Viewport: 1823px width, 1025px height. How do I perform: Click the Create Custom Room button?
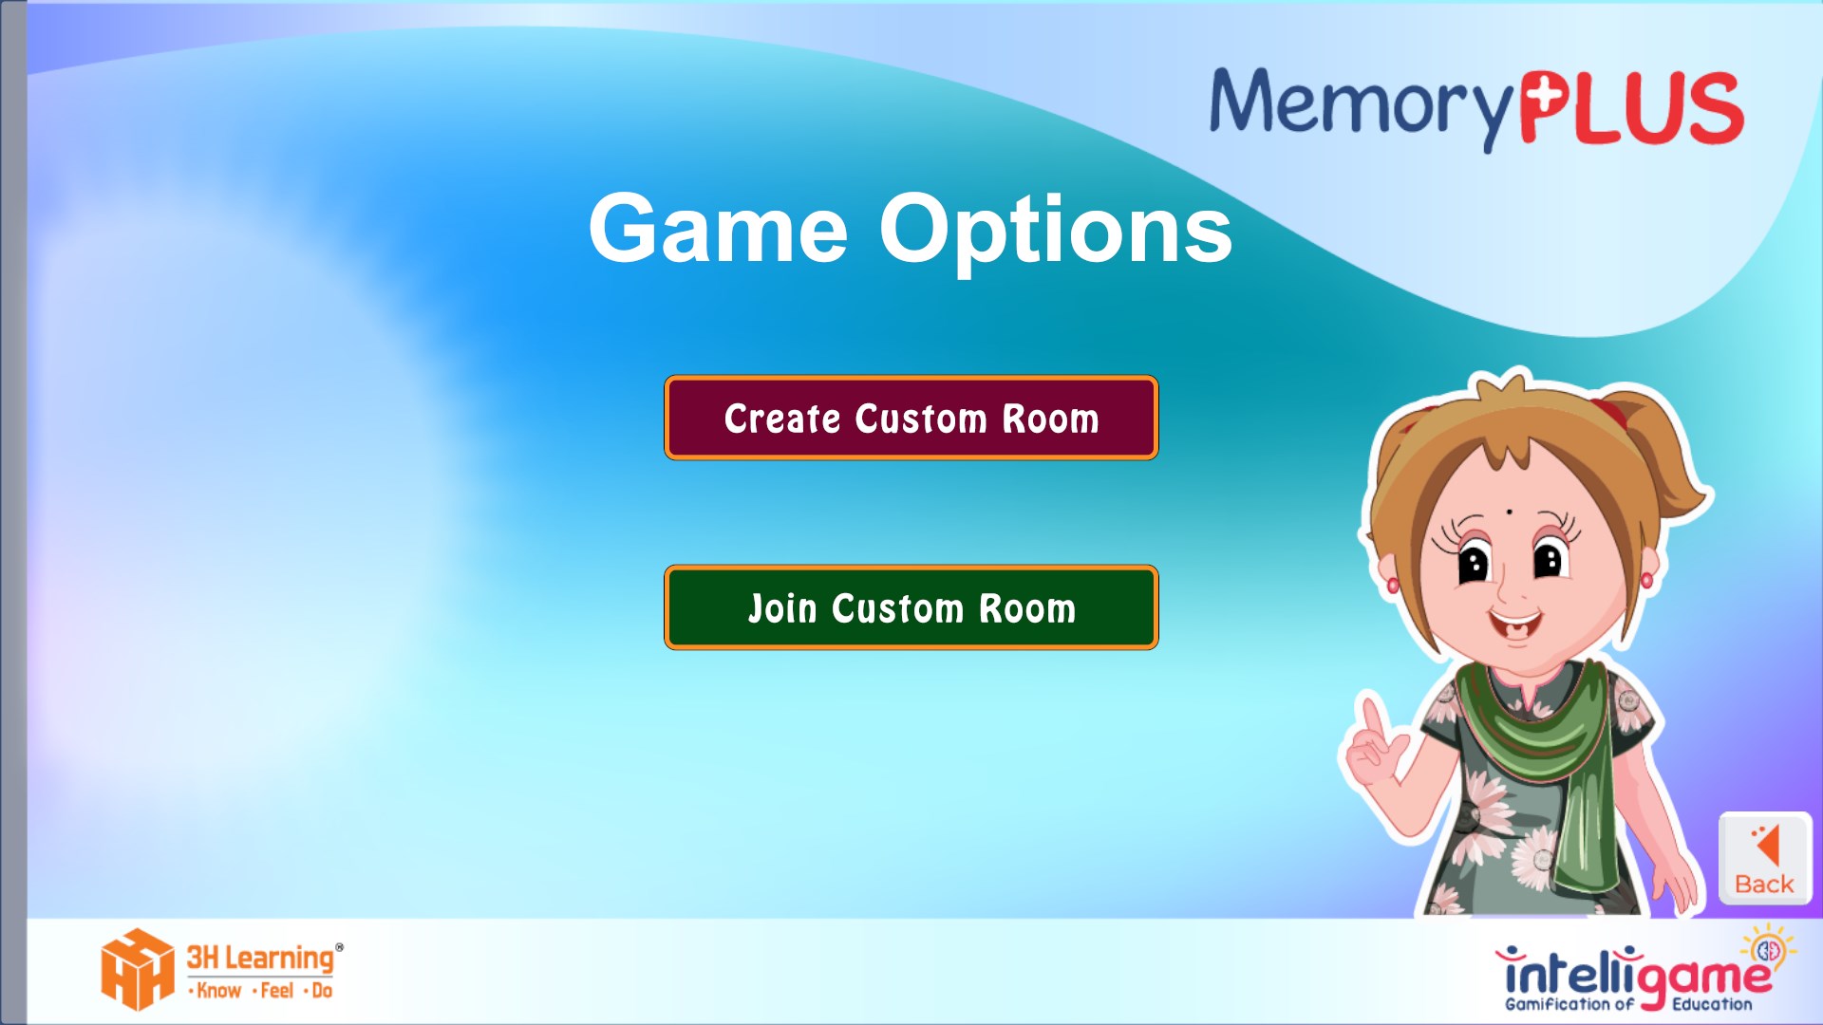click(x=911, y=418)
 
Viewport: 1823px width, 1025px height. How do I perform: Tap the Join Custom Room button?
click(x=911, y=607)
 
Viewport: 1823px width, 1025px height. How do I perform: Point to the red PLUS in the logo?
click(x=1631, y=108)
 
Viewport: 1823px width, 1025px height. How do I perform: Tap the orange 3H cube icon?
click(x=138, y=969)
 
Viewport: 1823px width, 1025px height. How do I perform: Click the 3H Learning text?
click(x=261, y=958)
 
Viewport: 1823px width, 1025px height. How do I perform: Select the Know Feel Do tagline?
click(x=261, y=991)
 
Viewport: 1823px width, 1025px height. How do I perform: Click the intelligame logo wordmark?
click(x=1633, y=974)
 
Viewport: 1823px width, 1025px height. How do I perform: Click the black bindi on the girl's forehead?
click(x=1509, y=512)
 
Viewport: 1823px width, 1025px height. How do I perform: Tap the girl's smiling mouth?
click(x=1515, y=625)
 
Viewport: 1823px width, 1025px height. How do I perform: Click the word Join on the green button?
click(x=782, y=608)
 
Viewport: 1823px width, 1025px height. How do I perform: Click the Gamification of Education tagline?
click(x=1628, y=1004)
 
